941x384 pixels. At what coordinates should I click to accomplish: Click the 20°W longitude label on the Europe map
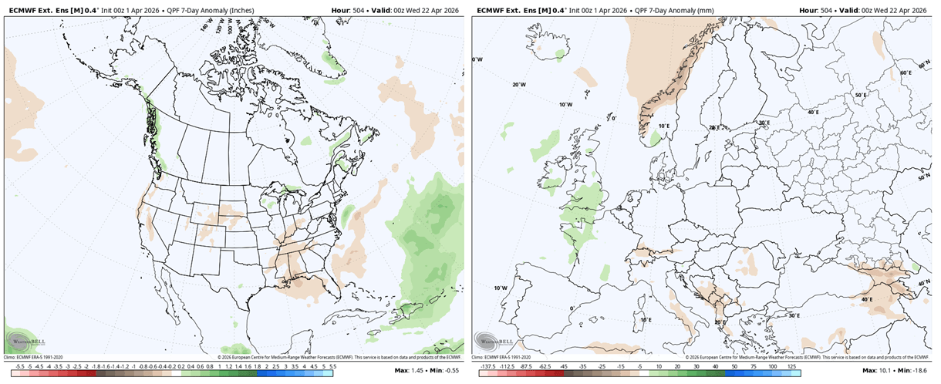click(519, 85)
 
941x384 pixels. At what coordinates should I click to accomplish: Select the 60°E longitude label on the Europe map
click(906, 72)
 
